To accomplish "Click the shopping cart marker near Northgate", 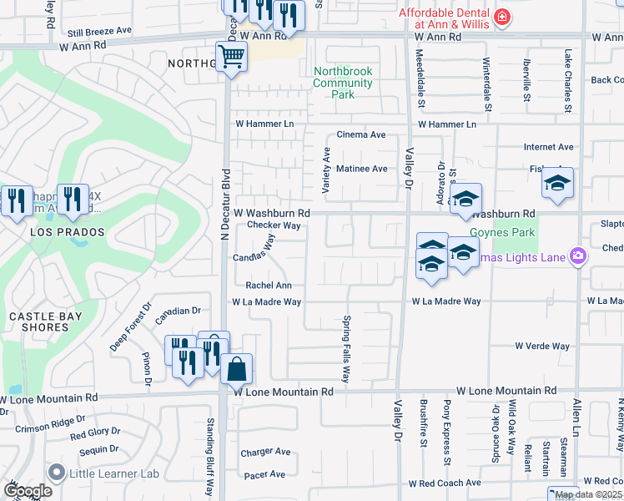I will point(231,58).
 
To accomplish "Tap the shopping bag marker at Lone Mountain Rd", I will point(237,367).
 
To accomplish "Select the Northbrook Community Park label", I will point(342,83).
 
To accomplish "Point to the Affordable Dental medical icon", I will point(502,16).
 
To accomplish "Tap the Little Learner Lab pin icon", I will point(57,473).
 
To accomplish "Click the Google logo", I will point(28,490).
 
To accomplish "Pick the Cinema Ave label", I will point(360,134).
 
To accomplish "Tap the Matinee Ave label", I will point(361,169).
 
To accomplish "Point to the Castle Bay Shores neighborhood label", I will point(39,321).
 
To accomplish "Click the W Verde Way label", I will point(541,346).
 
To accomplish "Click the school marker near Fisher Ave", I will point(557,185).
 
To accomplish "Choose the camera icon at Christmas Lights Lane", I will point(576,255).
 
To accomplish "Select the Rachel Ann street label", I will point(268,286).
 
